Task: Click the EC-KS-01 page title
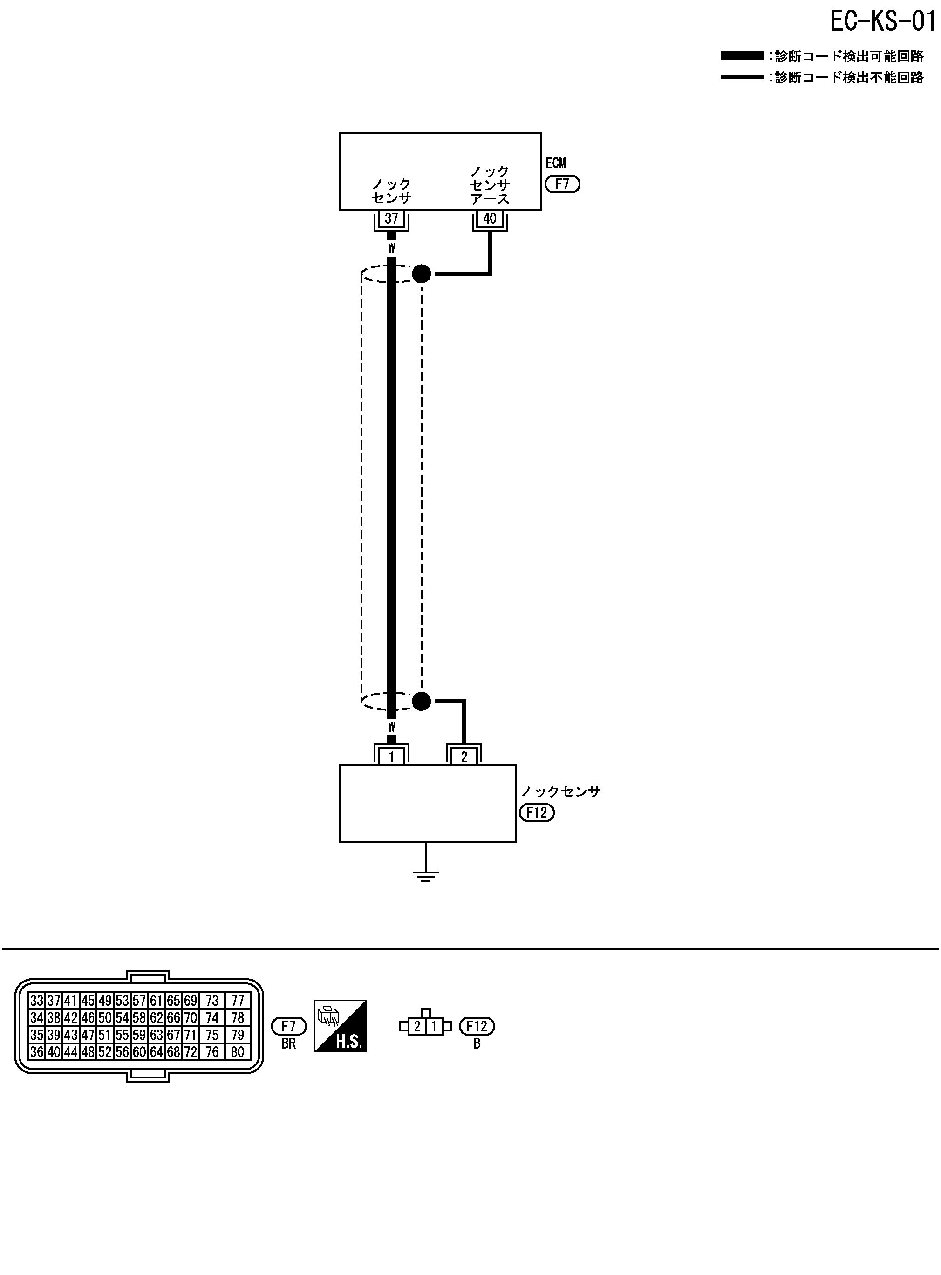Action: [882, 21]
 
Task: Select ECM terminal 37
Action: [391, 218]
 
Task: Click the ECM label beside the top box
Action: [555, 164]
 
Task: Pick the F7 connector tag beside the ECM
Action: [562, 184]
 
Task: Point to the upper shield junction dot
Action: [422, 274]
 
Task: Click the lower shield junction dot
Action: [422, 701]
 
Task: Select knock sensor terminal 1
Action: [391, 757]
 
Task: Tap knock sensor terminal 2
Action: [464, 757]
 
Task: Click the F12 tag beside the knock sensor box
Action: [537, 812]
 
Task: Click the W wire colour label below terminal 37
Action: [391, 248]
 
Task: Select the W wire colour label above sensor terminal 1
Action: [391, 727]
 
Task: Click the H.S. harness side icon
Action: [340, 1026]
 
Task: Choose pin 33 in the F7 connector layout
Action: [37, 1001]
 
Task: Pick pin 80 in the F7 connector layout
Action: [238, 1052]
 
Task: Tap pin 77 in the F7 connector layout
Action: [238, 1001]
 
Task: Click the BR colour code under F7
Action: [289, 1044]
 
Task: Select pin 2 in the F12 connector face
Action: [417, 1027]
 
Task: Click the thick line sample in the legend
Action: [741, 56]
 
